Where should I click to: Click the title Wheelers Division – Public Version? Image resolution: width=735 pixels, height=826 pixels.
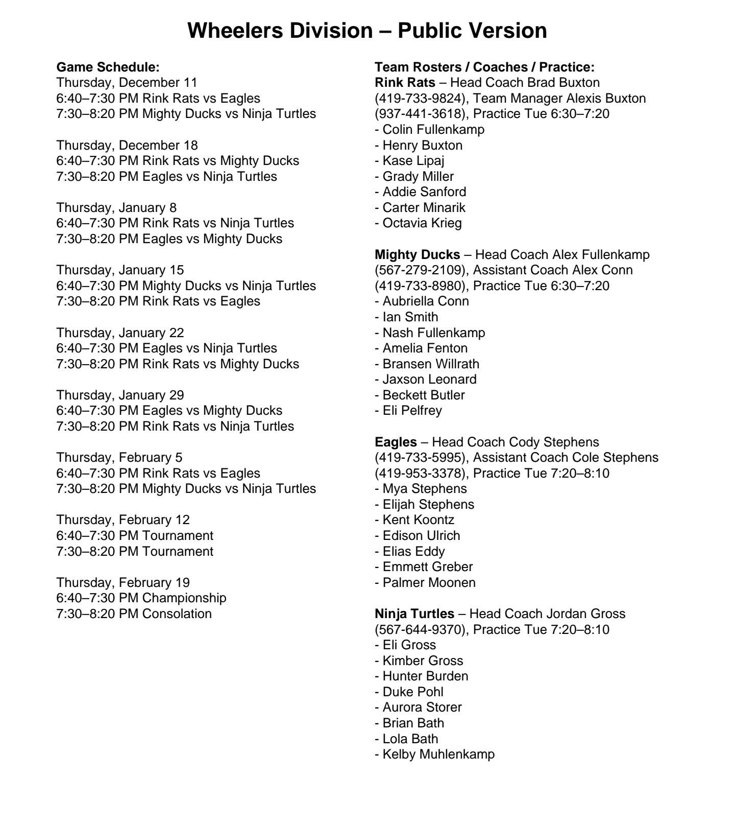pos(367,31)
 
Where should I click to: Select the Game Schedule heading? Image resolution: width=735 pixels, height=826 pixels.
pos(108,67)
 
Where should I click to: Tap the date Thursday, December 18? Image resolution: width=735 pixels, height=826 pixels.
pos(127,145)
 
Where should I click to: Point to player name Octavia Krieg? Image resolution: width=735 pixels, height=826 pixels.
pos(422,223)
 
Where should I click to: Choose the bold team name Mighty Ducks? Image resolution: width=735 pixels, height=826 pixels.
pos(417,254)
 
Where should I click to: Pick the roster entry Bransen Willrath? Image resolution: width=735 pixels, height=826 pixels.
pos(431,364)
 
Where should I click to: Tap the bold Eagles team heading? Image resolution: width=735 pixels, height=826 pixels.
pos(396,442)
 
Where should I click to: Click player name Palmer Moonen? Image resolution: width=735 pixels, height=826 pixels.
pos(429,582)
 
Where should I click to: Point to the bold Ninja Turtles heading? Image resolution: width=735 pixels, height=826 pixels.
pos(414,613)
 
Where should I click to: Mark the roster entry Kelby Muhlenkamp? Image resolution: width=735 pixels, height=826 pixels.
pos(438,754)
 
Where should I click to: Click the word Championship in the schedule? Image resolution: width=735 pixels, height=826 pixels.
pos(184,598)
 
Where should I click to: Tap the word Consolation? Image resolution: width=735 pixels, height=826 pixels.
pos(177,613)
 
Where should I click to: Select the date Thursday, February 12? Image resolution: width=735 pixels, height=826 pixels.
pos(122,520)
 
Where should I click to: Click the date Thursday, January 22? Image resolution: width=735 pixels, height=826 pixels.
pos(120,333)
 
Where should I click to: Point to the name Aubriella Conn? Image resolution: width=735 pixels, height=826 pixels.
pos(426,301)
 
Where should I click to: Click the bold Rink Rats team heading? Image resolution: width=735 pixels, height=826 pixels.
pos(405,82)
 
